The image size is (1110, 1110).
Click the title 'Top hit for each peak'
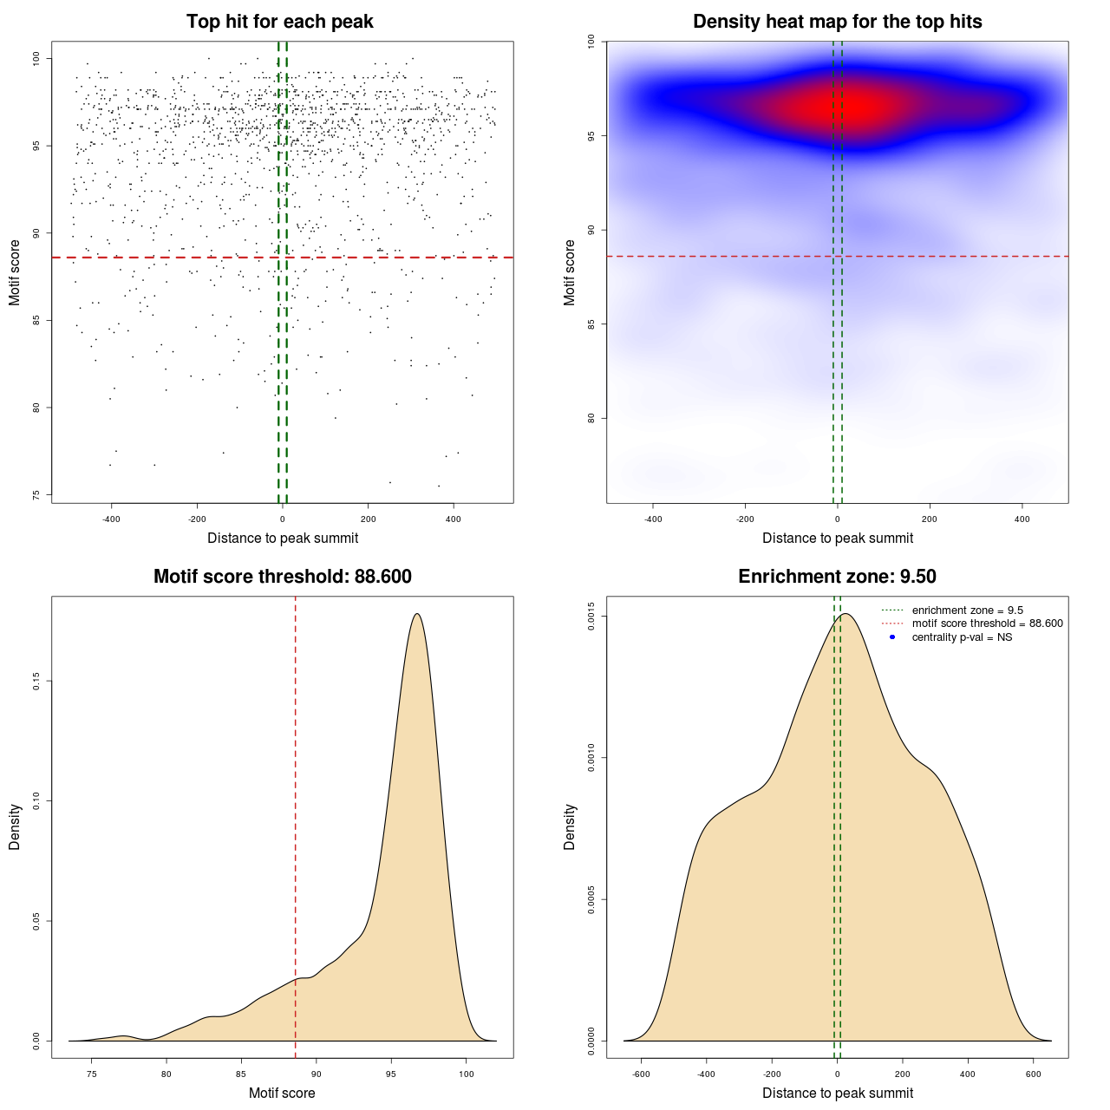pos(279,22)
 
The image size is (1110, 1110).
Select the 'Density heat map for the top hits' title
pos(837,22)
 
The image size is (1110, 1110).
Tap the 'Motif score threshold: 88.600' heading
pos(282,577)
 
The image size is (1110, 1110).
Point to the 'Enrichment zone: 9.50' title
pos(837,577)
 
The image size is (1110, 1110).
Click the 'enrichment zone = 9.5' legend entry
pos(967,610)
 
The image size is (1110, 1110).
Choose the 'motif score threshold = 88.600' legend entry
pos(987,624)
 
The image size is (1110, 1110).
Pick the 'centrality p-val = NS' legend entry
pos(962,637)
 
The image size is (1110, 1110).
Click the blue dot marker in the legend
pos(892,637)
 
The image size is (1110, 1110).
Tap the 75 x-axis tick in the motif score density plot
pos(92,1074)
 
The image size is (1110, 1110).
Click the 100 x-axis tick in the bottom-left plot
pos(467,1074)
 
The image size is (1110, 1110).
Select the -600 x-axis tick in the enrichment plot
pos(641,1074)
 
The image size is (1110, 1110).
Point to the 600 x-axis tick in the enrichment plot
pos(1034,1074)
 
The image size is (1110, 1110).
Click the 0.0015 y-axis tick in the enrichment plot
pos(591,616)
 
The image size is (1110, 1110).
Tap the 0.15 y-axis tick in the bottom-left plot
pos(36,682)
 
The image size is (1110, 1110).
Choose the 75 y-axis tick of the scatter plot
pos(36,495)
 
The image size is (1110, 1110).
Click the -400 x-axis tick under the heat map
pos(653,519)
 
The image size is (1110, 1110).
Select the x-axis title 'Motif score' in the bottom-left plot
pos(282,1093)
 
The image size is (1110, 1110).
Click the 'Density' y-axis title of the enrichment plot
pos(570,826)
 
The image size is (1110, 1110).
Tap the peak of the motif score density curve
pos(417,614)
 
